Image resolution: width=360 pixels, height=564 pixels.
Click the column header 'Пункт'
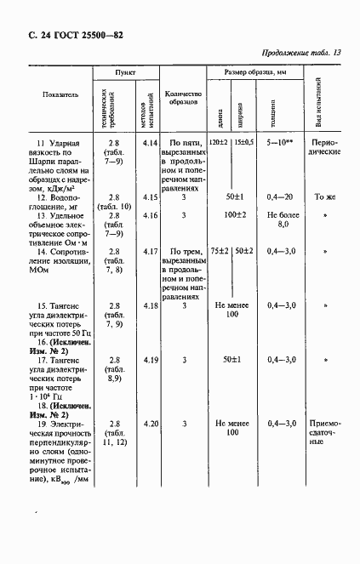[x=125, y=74]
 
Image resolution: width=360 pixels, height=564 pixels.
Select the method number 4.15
[x=151, y=197]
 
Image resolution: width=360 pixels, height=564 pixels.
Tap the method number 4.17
[x=151, y=252]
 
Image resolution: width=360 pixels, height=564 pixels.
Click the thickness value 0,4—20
[x=280, y=197]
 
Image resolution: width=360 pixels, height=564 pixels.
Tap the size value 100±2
[x=231, y=214]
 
